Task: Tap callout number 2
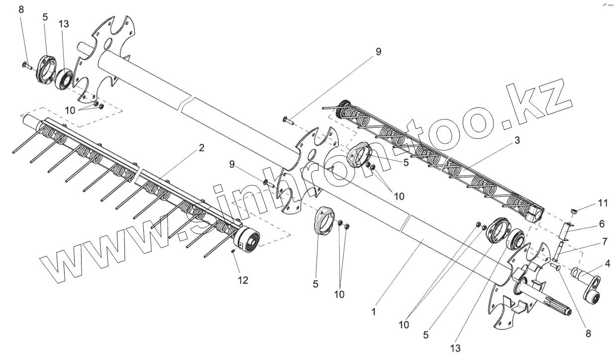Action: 202,148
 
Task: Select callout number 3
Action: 517,141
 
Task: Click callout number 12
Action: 242,280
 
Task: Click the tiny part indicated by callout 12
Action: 233,253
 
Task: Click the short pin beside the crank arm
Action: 557,268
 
